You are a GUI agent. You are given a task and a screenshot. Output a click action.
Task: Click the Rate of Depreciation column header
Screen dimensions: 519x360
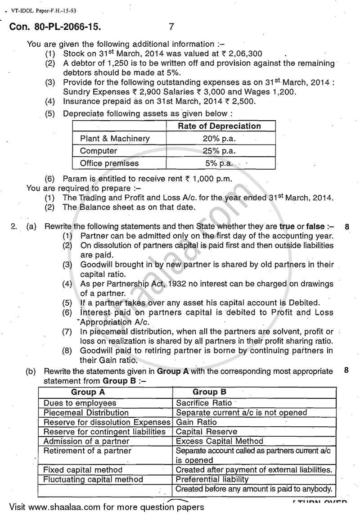coord(219,126)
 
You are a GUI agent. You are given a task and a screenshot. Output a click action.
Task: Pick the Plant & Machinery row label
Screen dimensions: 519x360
coord(115,139)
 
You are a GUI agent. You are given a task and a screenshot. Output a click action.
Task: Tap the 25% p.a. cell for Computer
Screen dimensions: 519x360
coord(219,151)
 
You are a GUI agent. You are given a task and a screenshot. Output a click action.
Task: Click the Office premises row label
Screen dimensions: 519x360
coord(109,163)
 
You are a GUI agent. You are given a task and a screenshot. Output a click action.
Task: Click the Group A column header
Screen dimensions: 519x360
coord(88,392)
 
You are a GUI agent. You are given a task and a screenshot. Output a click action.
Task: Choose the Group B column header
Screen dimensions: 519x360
coord(209,392)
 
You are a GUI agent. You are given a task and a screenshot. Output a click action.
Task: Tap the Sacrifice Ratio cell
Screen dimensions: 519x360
coord(204,403)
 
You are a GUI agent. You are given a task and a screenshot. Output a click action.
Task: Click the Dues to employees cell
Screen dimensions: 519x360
coord(80,403)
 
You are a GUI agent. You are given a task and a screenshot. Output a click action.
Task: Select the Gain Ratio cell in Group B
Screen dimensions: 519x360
coord(196,422)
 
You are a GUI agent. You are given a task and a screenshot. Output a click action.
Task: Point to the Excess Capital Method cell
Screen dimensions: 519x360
coord(220,441)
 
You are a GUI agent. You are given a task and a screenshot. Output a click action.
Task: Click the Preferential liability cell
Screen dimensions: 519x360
coord(212,479)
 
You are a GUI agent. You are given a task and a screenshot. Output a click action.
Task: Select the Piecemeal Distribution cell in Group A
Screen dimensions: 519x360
coord(86,412)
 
